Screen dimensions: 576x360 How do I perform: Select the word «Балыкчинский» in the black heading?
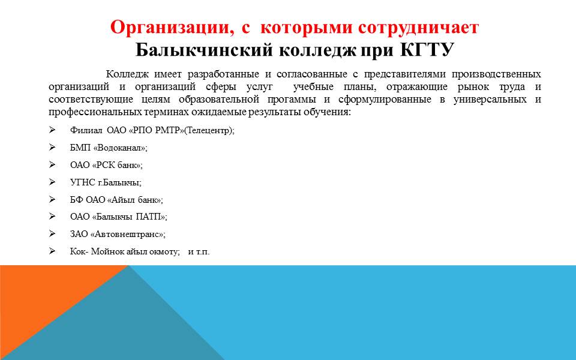[x=204, y=50]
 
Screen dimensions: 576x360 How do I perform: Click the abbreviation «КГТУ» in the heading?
[x=427, y=50]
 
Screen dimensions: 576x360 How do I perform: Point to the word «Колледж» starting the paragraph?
[x=127, y=74]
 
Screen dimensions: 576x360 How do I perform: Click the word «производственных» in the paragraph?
[x=496, y=74]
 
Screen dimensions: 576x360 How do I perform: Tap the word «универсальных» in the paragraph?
[x=490, y=99]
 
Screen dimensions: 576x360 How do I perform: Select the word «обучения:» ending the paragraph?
[x=328, y=112]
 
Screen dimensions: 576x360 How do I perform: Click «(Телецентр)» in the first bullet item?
[x=208, y=130]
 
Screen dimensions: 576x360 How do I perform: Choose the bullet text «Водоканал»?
[x=119, y=148]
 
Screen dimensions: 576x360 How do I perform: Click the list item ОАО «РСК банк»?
[x=106, y=165]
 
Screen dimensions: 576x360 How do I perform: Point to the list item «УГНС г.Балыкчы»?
[x=105, y=182]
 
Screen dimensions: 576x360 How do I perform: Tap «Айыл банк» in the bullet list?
[x=134, y=200]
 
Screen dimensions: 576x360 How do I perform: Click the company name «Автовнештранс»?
[x=127, y=235]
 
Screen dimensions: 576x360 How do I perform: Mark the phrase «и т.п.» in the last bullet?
[x=199, y=251]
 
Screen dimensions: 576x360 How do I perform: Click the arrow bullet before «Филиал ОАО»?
[x=52, y=130]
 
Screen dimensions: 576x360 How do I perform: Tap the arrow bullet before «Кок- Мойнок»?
[x=52, y=251]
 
